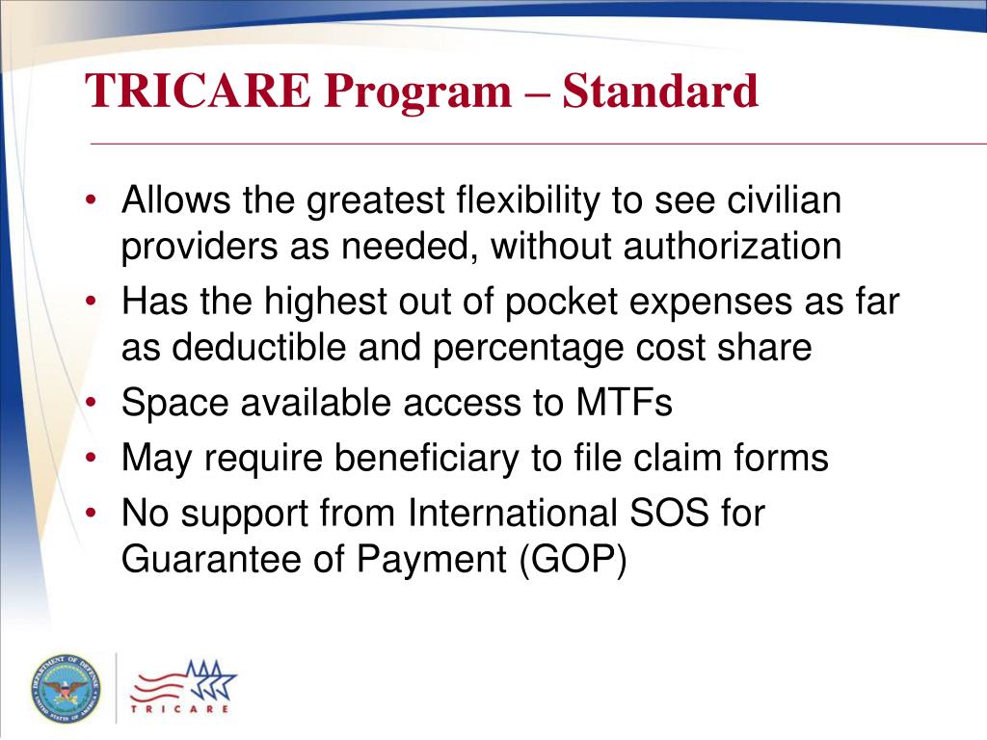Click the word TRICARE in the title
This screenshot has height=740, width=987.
(x=199, y=92)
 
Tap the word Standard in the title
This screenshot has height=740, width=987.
(x=660, y=92)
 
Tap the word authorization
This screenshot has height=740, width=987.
(x=732, y=248)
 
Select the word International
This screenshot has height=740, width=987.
(x=512, y=514)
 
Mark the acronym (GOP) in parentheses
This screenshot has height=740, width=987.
(x=573, y=560)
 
